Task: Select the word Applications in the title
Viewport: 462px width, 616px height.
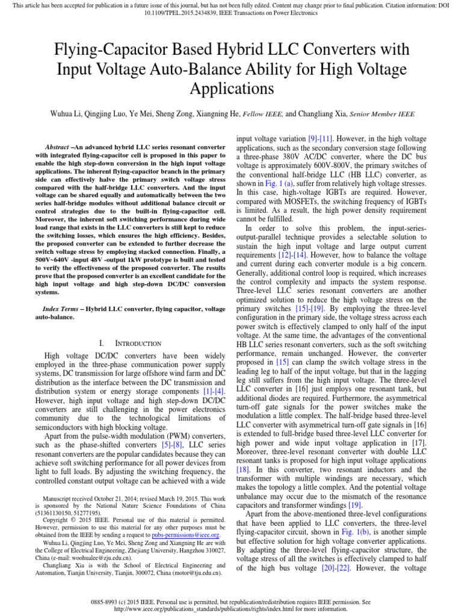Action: point(231,89)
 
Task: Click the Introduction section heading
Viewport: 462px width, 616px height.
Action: point(138,343)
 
